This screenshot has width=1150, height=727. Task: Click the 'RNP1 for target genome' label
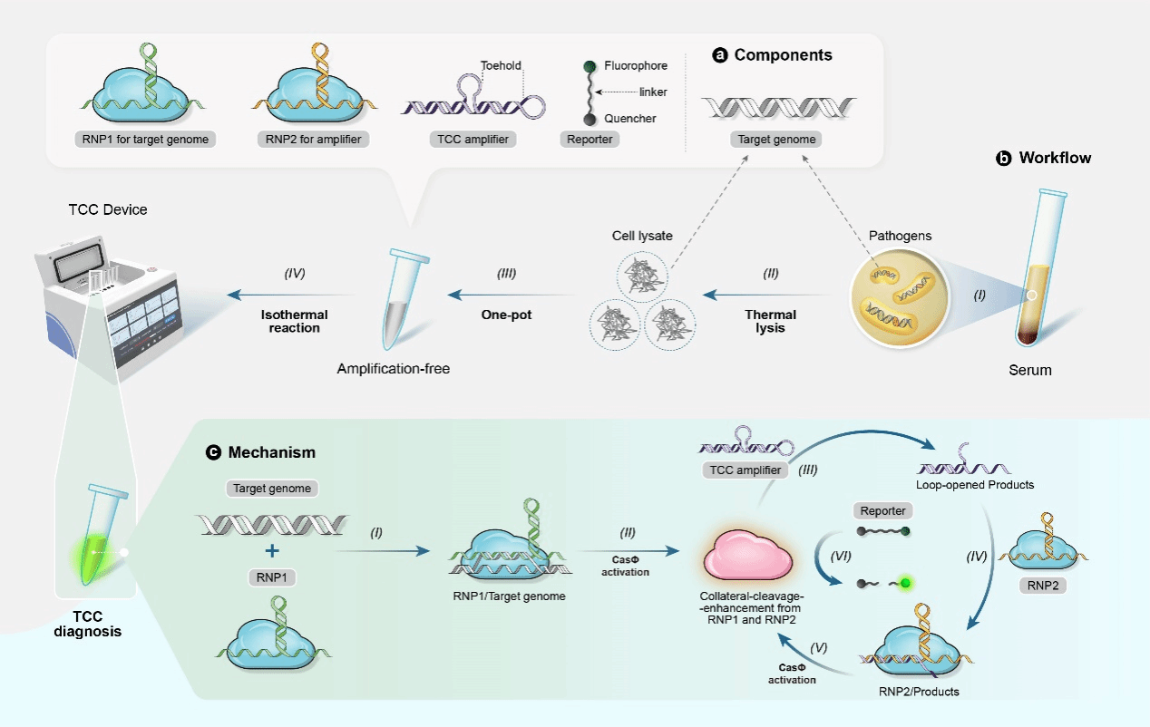(x=142, y=140)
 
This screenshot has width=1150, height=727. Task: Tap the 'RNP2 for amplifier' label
(x=314, y=140)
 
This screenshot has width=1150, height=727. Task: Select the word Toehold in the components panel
(x=501, y=65)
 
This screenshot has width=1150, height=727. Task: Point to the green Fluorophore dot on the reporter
(x=589, y=66)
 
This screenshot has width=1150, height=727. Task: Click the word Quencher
(x=630, y=118)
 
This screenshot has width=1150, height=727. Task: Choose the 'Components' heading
(x=783, y=55)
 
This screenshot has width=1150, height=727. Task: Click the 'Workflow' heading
(x=1055, y=158)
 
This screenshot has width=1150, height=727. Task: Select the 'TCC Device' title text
(x=107, y=209)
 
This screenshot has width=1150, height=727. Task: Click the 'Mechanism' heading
(x=272, y=451)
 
